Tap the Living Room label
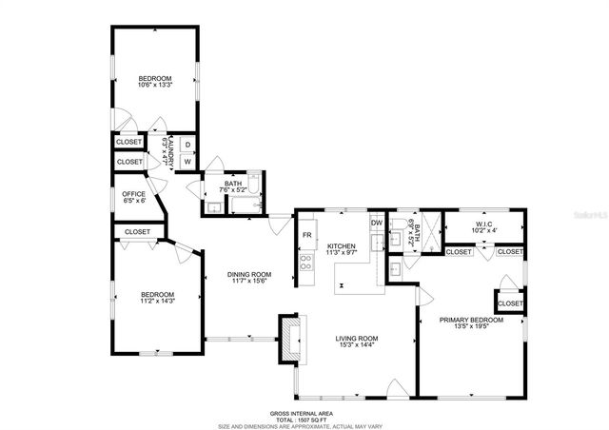pyautogui.click(x=357, y=338)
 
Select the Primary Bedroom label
pyautogui.click(x=471, y=320)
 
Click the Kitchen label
pyautogui.click(x=341, y=245)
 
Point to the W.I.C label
pyautogui.click(x=485, y=224)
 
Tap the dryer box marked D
pyautogui.click(x=187, y=145)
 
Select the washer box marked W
pyautogui.click(x=187, y=161)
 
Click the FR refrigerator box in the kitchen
pyautogui.click(x=307, y=235)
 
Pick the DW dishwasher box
pyautogui.click(x=377, y=223)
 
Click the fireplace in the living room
pyautogui.click(x=287, y=338)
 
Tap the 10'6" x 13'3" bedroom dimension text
pyautogui.click(x=154, y=86)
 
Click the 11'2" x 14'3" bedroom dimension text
pyautogui.click(x=157, y=302)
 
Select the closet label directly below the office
pyautogui.click(x=137, y=231)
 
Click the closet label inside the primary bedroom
pyautogui.click(x=510, y=303)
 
